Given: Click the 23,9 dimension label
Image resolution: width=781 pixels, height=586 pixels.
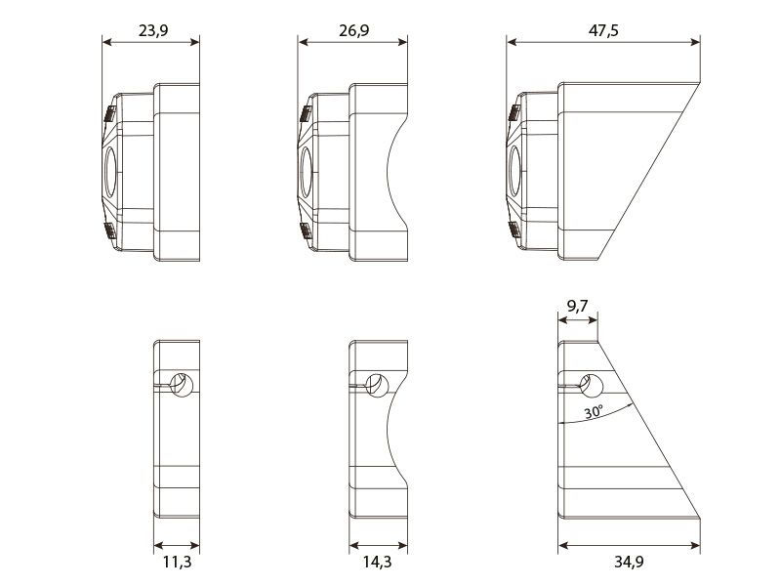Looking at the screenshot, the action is [x=153, y=31].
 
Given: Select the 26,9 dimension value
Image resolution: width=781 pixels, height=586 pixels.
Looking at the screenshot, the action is [x=354, y=31].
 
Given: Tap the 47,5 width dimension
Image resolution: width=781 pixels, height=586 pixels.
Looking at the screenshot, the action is [x=603, y=31].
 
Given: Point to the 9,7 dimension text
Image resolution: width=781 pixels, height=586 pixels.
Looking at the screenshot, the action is [x=577, y=305].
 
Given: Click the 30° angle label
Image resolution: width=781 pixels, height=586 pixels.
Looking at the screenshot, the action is [x=594, y=411].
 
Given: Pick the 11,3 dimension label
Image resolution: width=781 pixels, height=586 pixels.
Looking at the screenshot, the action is [x=177, y=562].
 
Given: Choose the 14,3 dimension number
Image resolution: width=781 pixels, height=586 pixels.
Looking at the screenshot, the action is [x=377, y=562].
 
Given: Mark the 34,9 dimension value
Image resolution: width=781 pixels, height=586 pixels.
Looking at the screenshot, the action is [x=629, y=562].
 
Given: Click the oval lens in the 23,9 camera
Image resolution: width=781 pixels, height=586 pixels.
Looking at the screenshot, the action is [x=110, y=172].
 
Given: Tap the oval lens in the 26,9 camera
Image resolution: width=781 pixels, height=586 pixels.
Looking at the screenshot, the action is [x=306, y=172].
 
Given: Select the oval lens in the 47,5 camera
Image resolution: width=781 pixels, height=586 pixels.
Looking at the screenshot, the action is [x=514, y=172].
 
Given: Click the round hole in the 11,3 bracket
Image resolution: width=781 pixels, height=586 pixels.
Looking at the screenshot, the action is [x=182, y=385].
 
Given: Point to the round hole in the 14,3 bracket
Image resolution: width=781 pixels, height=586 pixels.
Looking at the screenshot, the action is [x=377, y=385].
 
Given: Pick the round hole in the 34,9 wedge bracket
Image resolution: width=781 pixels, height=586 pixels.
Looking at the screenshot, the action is [x=592, y=385].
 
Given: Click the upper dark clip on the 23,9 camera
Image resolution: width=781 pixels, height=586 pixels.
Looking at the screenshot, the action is [x=110, y=113].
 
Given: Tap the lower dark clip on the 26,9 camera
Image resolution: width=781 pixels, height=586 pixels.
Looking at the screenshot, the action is [x=306, y=230].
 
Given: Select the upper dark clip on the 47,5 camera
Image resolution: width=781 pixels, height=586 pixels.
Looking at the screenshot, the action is [x=514, y=113].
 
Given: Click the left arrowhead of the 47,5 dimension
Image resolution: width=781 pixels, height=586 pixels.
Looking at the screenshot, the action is [x=512, y=42].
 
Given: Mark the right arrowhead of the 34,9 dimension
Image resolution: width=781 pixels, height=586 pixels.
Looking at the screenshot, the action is [x=695, y=546].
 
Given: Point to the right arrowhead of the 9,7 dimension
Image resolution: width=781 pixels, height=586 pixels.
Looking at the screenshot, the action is [x=593, y=320].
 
